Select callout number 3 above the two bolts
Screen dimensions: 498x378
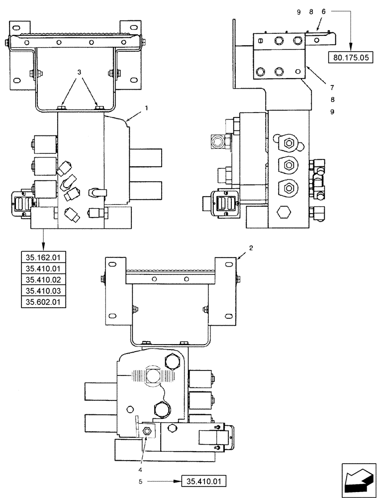pos(79,72)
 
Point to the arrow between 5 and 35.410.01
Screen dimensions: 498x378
pos(159,482)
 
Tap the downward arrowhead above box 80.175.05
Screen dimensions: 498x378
pos(351,47)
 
